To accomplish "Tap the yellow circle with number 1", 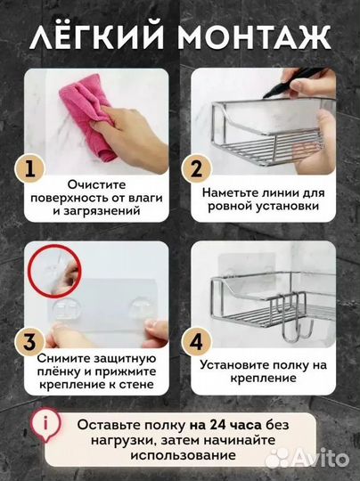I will (x=29, y=169).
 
